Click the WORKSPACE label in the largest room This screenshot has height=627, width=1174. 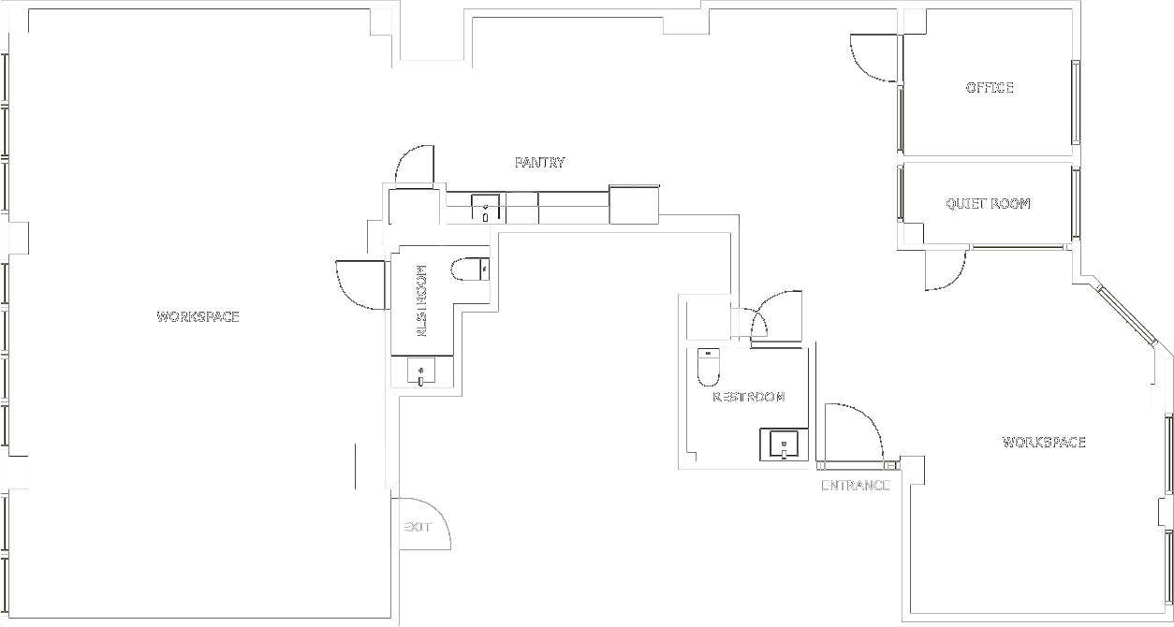coord(198,317)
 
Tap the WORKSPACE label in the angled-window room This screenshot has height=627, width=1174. coord(1044,442)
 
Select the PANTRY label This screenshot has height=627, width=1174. coord(540,163)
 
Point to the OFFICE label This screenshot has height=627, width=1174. coord(990,88)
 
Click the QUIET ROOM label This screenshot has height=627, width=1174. coord(988,203)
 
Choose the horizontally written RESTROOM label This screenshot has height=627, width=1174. coord(749,397)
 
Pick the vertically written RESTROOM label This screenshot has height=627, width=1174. coord(421,300)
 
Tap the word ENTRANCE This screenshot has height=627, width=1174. coord(855,485)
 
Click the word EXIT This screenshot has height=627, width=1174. coord(418,527)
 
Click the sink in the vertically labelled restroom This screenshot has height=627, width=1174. coord(421,373)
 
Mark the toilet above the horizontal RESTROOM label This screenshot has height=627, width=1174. coord(708,367)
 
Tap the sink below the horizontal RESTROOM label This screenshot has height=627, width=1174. coord(783,445)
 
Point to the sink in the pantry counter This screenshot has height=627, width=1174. coord(485,208)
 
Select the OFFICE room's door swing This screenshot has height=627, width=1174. coord(873,58)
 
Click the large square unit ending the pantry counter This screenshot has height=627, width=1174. coord(635,205)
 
